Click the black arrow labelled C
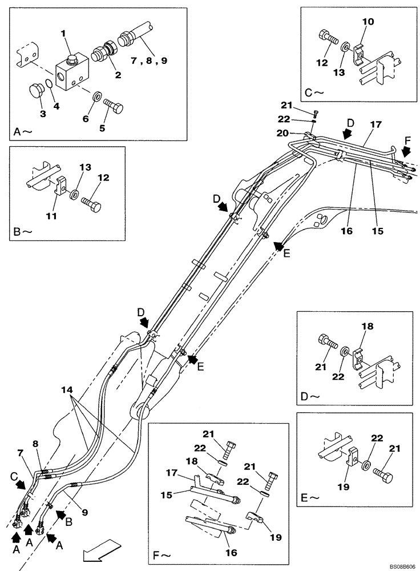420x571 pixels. click(20, 485)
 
